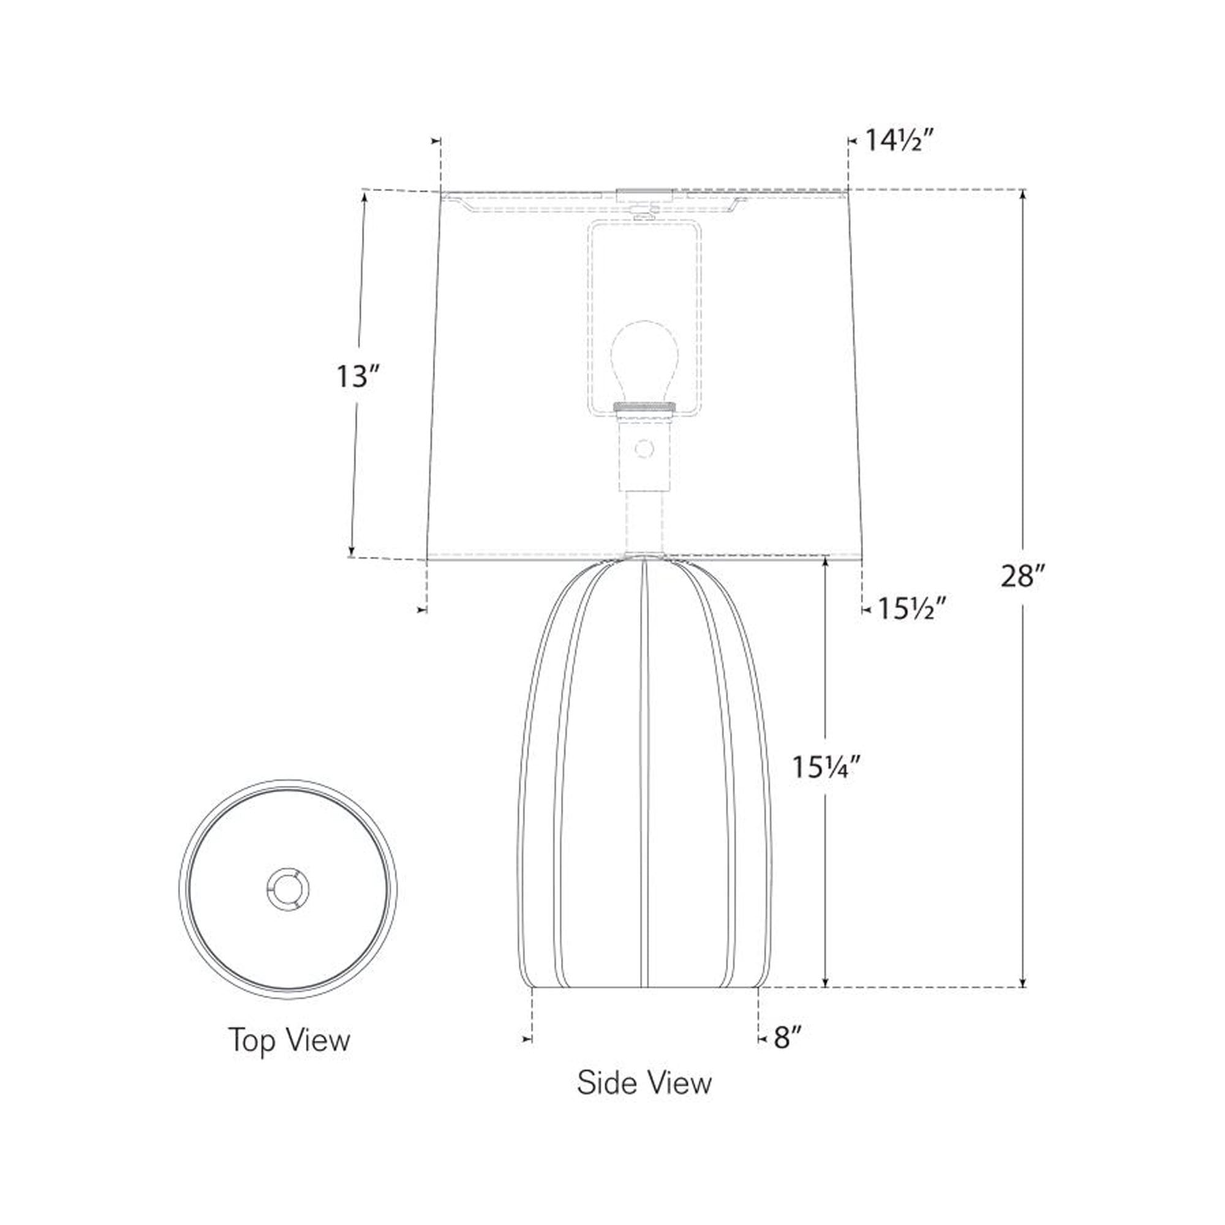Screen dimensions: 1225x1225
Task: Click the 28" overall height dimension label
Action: coord(1022,576)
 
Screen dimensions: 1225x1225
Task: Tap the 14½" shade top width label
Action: coord(900,140)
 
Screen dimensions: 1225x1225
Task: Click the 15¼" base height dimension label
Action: coord(826,768)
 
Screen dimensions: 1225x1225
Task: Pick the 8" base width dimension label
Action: coord(788,1038)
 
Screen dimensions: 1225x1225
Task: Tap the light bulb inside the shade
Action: coord(644,361)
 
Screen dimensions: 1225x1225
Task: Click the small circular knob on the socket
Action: coord(644,449)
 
